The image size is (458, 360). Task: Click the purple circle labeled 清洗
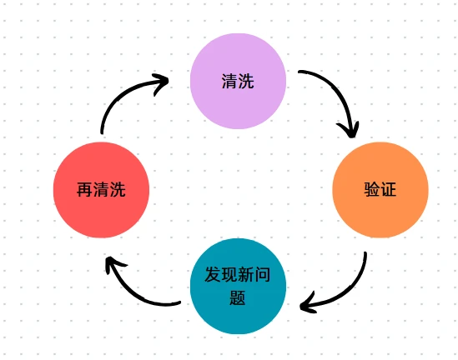click(238, 81)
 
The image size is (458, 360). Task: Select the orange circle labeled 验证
click(380, 190)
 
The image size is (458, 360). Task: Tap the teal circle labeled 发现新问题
click(238, 286)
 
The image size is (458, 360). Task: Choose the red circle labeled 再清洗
click(101, 190)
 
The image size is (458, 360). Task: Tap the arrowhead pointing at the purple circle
click(161, 83)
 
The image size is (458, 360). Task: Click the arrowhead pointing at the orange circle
click(349, 130)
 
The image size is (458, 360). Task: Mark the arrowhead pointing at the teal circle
click(308, 303)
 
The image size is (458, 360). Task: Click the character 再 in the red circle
click(85, 190)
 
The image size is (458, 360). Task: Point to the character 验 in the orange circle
click(372, 189)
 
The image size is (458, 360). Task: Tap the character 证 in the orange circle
click(388, 189)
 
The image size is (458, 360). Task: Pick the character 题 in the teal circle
click(238, 297)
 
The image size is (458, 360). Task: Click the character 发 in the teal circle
click(213, 274)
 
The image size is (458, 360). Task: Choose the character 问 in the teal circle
click(262, 274)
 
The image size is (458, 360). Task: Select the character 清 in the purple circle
click(229, 81)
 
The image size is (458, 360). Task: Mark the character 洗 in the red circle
click(118, 190)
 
